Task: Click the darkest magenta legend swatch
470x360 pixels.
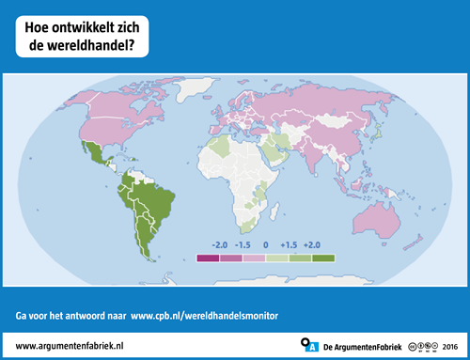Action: (x=208, y=257)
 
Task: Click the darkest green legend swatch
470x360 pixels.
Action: (x=323, y=257)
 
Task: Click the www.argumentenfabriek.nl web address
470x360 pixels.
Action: (x=71, y=347)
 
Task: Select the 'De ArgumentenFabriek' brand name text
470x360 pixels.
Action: (x=363, y=347)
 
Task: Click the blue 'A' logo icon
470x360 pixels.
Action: (x=309, y=346)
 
